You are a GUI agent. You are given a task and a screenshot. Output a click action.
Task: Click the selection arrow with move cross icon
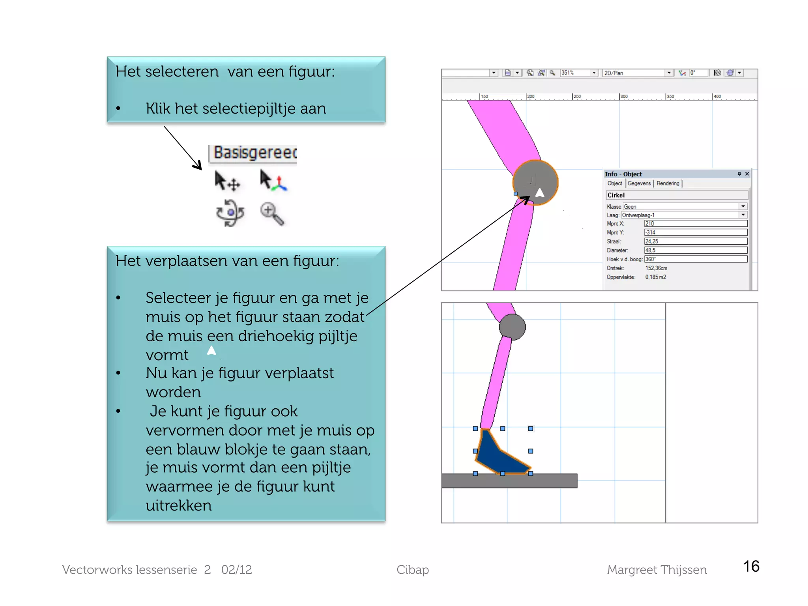227,181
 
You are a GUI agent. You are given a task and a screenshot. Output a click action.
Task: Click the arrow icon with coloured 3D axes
273,181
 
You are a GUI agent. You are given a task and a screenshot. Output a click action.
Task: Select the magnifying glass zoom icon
272,213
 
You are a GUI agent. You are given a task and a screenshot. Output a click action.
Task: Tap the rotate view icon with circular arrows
230,213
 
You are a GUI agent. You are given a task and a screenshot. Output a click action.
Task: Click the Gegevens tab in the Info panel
639,183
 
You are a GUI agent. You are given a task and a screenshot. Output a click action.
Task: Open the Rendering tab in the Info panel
668,183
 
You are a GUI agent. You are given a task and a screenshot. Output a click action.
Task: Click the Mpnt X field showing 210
695,224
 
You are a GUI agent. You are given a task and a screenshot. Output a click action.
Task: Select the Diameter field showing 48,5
695,251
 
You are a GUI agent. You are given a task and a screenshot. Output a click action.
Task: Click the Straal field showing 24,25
695,241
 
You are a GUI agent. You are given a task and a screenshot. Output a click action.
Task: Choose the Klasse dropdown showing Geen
684,207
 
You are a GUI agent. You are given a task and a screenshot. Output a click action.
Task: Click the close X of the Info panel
747,174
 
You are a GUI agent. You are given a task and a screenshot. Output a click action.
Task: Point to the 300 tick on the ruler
623,97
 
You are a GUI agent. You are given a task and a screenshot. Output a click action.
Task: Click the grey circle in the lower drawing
512,327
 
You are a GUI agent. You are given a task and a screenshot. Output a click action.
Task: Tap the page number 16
751,567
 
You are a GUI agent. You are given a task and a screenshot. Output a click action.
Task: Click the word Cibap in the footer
412,570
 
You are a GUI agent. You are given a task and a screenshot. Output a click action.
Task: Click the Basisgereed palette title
254,153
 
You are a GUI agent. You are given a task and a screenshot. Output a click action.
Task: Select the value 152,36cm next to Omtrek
656,268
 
